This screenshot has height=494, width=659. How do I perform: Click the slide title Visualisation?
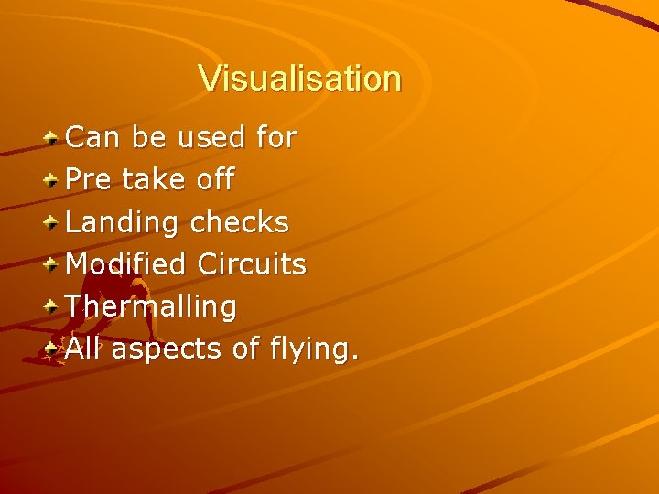click(x=299, y=79)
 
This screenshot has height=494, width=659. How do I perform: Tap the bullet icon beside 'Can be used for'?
click(x=54, y=138)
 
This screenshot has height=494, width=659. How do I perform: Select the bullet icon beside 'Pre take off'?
click(x=54, y=180)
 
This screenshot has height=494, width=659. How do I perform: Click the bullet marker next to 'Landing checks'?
click(x=54, y=222)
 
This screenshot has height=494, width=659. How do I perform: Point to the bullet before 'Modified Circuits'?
click(x=54, y=264)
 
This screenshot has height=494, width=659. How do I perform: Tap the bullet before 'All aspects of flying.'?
click(x=54, y=349)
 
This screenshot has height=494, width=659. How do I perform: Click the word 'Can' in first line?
click(x=95, y=138)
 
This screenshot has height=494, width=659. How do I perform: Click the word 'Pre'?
click(x=90, y=180)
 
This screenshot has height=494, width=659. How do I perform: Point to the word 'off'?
click(x=216, y=179)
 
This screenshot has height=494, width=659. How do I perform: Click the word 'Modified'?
click(x=126, y=264)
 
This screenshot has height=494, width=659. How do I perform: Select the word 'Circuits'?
click(x=252, y=264)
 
